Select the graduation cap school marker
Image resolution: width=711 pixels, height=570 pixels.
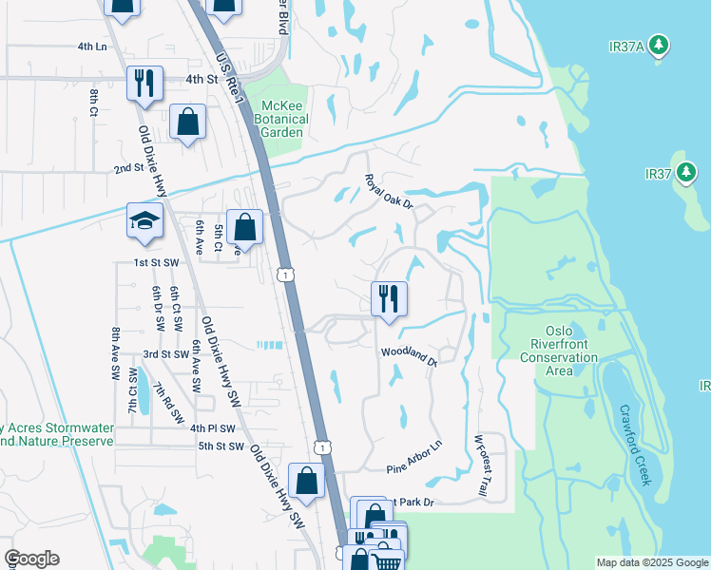coord(145,221)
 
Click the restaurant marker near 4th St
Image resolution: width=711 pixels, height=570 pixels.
coord(144,84)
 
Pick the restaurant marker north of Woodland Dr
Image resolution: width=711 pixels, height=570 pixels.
coord(389,299)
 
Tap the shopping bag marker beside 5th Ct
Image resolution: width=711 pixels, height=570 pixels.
coord(244,228)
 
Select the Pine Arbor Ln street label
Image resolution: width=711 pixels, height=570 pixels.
coord(414,457)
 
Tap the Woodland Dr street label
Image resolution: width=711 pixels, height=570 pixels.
coord(409,355)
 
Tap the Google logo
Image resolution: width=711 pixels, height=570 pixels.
coord(31,559)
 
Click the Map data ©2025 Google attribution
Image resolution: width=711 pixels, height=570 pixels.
coord(651,562)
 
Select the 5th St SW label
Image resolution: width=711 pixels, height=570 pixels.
coord(221,446)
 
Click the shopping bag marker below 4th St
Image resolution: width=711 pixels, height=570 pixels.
coord(188,123)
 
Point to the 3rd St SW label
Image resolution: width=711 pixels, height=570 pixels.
coord(165,354)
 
